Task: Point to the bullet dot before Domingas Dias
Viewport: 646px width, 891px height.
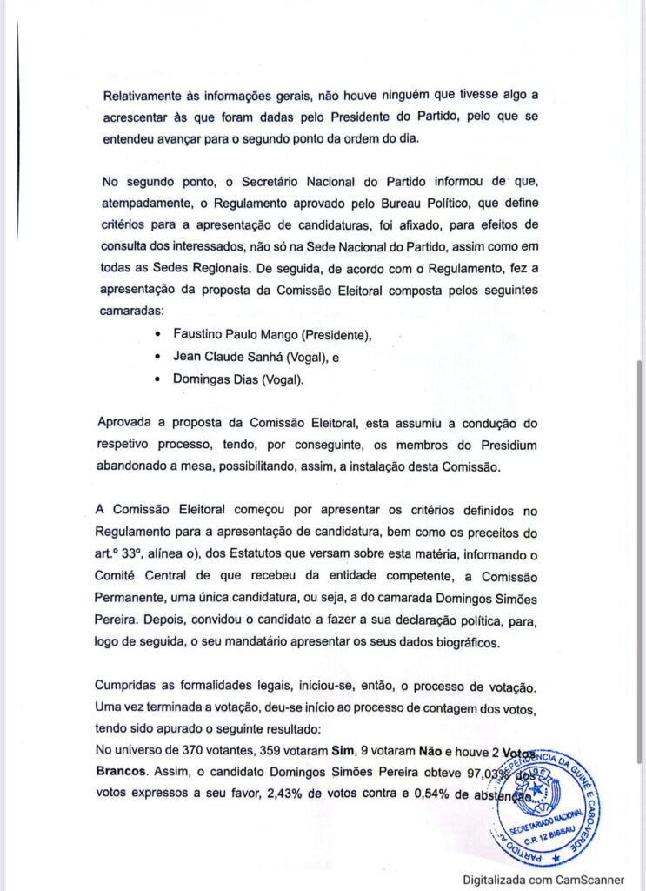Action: point(157,380)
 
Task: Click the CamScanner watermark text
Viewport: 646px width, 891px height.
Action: point(543,881)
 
